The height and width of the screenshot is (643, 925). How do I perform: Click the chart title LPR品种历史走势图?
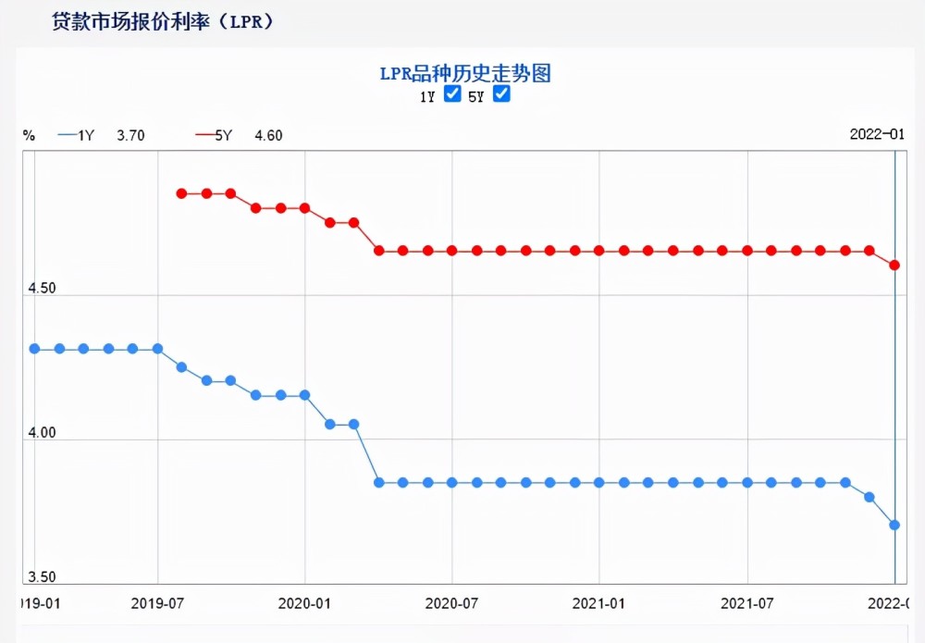pyautogui.click(x=465, y=74)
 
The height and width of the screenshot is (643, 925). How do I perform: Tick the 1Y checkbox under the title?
pyautogui.click(x=452, y=93)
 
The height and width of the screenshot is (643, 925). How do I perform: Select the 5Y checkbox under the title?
pyautogui.click(x=501, y=93)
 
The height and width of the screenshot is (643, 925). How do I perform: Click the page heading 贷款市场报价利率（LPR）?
pyautogui.click(x=163, y=22)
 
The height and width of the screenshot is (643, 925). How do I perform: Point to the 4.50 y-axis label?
pyautogui.click(x=42, y=288)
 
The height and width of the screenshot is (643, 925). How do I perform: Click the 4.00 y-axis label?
pyautogui.click(x=42, y=432)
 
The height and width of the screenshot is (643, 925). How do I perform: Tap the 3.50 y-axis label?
pyautogui.click(x=42, y=576)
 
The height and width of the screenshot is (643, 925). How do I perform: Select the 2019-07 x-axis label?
pyautogui.click(x=157, y=603)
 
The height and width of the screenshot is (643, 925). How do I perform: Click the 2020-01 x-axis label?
pyautogui.click(x=304, y=603)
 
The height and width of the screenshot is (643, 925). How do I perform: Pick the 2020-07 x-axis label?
pyautogui.click(x=452, y=603)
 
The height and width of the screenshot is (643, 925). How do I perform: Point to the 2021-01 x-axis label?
pyautogui.click(x=598, y=603)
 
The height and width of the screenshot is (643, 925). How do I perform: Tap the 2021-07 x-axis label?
pyautogui.click(x=746, y=603)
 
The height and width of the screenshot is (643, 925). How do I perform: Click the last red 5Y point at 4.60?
pyautogui.click(x=894, y=265)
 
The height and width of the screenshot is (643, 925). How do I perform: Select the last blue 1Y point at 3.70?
pyautogui.click(x=894, y=525)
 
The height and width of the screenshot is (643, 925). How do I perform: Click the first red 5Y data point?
pyautogui.click(x=181, y=193)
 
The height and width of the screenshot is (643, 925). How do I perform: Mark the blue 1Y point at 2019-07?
pyautogui.click(x=157, y=349)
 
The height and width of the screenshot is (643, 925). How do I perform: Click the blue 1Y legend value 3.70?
pyautogui.click(x=130, y=136)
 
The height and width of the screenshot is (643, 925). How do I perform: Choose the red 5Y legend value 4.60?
pyautogui.click(x=268, y=136)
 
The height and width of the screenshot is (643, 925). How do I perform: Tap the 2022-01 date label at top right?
pyautogui.click(x=877, y=134)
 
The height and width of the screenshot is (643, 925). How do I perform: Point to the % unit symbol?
pyautogui.click(x=29, y=136)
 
